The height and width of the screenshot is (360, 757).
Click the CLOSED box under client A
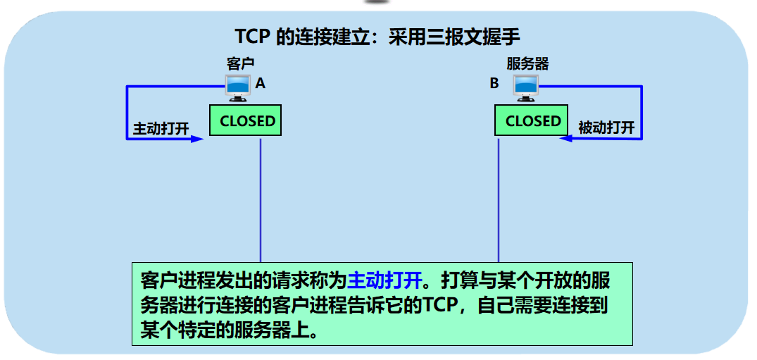[x=246, y=120]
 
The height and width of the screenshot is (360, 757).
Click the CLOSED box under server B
[x=532, y=120]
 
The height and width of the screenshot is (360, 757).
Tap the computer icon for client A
[x=237, y=87]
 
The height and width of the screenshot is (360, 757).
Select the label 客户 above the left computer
[x=239, y=64]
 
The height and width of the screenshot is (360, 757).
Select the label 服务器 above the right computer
[x=527, y=64]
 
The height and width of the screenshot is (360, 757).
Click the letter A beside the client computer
[x=261, y=84]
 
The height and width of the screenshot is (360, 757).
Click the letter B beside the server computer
[x=494, y=84]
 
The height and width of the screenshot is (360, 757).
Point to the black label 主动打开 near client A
[x=161, y=129]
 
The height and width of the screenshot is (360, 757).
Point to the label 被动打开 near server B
[x=606, y=128]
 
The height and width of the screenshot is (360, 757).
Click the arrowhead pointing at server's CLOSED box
[x=565, y=139]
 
